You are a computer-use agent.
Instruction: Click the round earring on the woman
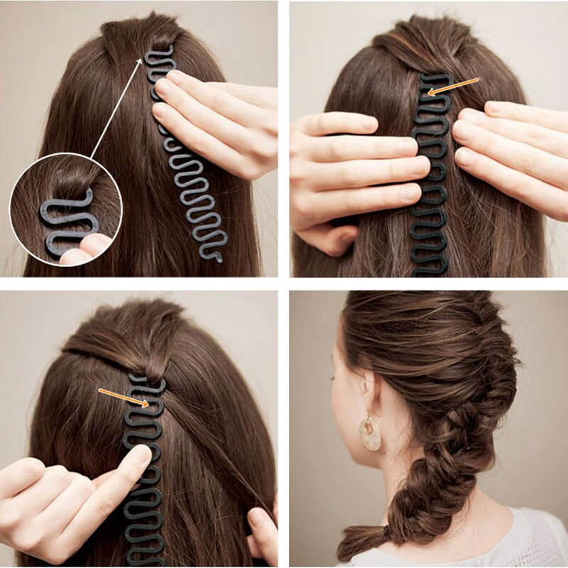coord(369,433)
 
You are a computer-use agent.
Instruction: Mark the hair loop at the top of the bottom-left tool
coord(153,369)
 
